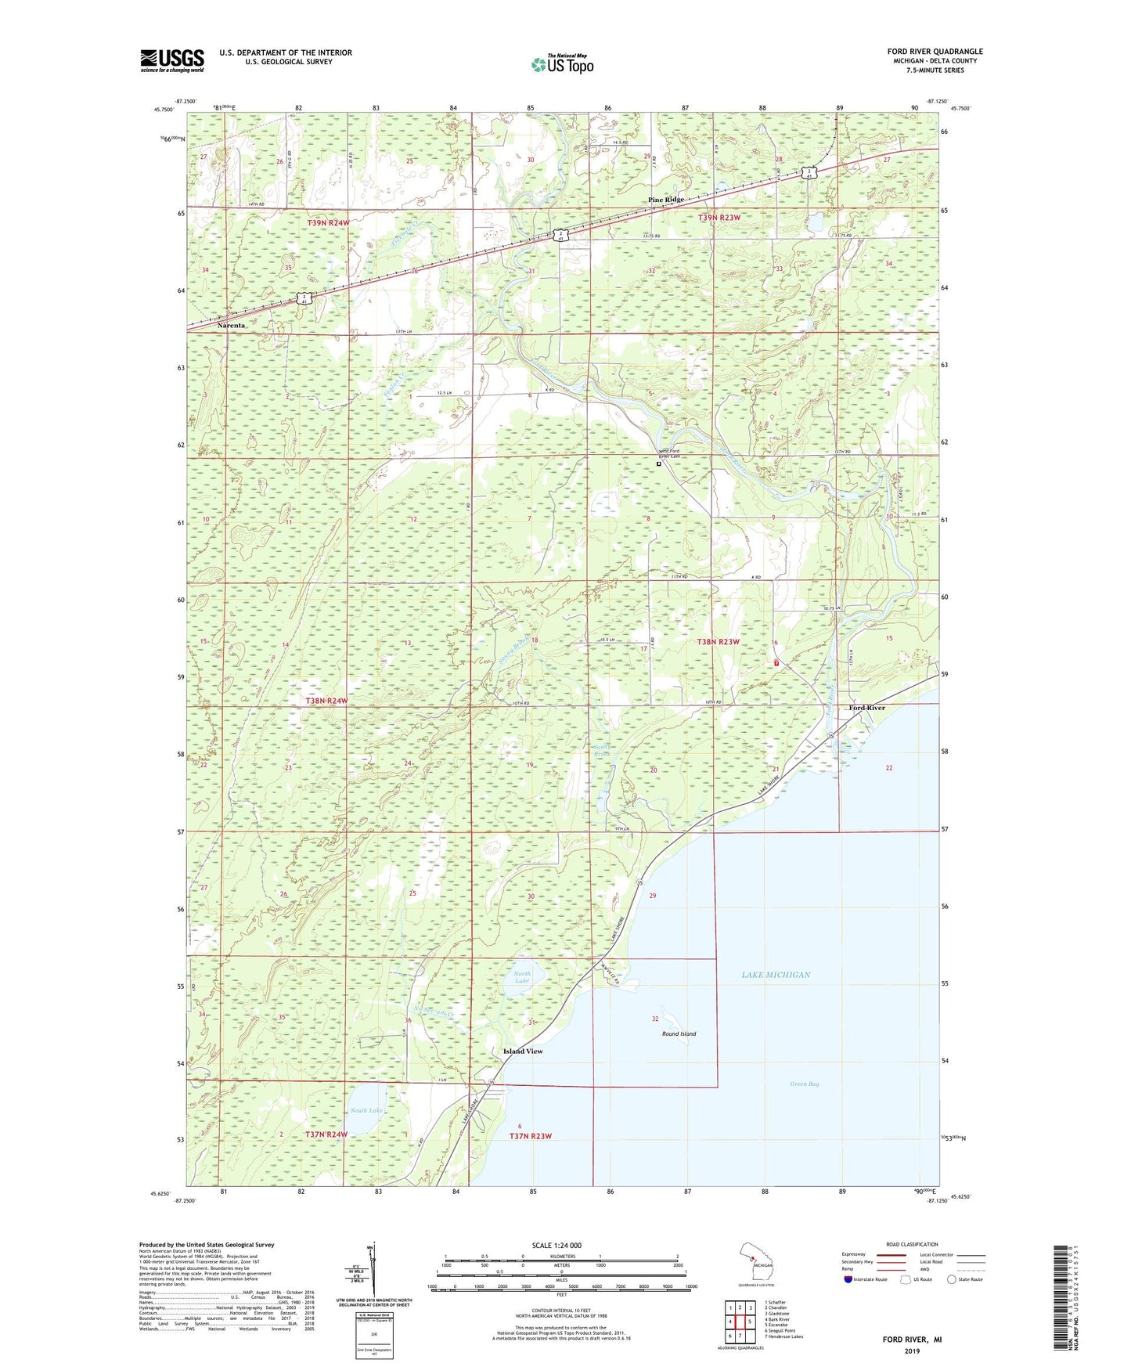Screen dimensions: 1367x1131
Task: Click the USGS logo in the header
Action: (172, 60)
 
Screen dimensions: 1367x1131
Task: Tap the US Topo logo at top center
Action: (562, 64)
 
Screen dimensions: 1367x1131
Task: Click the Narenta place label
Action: (231, 325)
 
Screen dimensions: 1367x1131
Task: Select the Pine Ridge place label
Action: (666, 200)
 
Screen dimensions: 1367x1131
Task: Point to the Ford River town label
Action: (867, 708)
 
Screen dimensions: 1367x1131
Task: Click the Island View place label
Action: (523, 1051)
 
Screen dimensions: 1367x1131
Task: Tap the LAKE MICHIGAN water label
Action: (776, 975)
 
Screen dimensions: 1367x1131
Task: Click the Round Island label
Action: (679, 1033)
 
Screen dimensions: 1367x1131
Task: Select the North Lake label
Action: (522, 977)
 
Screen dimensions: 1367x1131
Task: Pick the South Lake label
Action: (366, 1110)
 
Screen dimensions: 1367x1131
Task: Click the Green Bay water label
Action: (804, 1084)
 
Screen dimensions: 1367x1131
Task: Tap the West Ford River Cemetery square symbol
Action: (658, 463)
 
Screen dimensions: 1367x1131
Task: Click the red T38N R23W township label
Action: (719, 642)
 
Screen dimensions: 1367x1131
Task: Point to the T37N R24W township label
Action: (326, 1134)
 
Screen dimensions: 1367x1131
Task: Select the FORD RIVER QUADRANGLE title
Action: (935, 52)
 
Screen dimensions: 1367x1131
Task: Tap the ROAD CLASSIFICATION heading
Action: (911, 1244)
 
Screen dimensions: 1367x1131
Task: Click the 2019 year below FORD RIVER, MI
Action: (912, 1351)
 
